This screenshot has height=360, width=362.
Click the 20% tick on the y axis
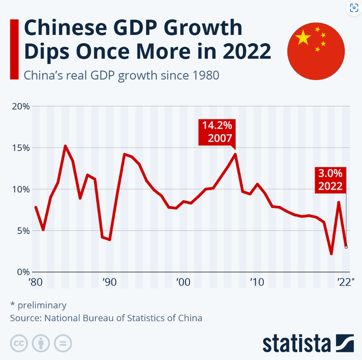(x=20, y=107)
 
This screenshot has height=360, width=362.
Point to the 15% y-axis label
(x=20, y=148)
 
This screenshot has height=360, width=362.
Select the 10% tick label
(x=20, y=189)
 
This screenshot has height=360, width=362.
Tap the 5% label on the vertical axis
(x=22, y=230)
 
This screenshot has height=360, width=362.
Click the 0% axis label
(x=22, y=272)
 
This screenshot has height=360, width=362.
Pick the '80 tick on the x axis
(x=36, y=283)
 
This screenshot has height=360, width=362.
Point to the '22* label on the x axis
(x=347, y=283)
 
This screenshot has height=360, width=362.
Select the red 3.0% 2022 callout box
(x=331, y=180)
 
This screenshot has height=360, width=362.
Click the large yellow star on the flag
(x=304, y=38)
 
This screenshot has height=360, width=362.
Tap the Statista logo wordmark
(x=297, y=343)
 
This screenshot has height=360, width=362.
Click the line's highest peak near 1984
(x=65, y=146)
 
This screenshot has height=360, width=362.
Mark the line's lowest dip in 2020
(x=331, y=254)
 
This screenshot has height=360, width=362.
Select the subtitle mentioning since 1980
(x=121, y=75)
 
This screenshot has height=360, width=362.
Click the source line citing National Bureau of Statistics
(x=106, y=318)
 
